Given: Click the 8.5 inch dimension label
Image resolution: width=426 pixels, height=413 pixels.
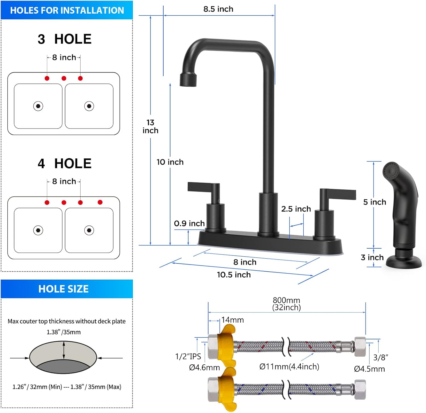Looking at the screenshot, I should [x=218, y=9].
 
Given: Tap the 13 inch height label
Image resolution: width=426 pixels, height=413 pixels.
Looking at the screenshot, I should [x=150, y=127].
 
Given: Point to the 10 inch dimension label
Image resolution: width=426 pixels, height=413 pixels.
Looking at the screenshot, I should [x=170, y=162].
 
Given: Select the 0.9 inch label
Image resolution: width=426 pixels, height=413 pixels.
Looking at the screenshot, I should [x=189, y=224].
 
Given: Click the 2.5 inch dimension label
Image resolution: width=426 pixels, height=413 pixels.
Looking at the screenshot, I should [x=296, y=209].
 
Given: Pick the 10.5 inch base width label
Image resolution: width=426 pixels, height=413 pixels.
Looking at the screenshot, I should [x=234, y=275].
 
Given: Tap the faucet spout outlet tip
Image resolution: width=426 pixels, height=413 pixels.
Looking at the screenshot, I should [x=188, y=80].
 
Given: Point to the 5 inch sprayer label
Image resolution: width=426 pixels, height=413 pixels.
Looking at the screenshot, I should [x=375, y=202].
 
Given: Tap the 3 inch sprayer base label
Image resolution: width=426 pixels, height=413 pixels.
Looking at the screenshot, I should [x=372, y=258].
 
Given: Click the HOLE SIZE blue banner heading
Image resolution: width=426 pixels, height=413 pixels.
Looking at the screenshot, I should [x=64, y=289].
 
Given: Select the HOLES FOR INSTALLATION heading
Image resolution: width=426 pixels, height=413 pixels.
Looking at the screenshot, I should [x=67, y=11].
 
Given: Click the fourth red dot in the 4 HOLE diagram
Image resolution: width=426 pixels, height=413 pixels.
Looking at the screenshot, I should [x=100, y=202].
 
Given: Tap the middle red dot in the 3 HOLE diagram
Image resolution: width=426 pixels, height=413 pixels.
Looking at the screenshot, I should [x=64, y=78].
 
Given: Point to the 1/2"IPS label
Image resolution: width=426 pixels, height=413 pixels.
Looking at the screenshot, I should [x=188, y=356].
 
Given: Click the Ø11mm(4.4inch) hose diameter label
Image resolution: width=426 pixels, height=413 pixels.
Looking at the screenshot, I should [x=289, y=367].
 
